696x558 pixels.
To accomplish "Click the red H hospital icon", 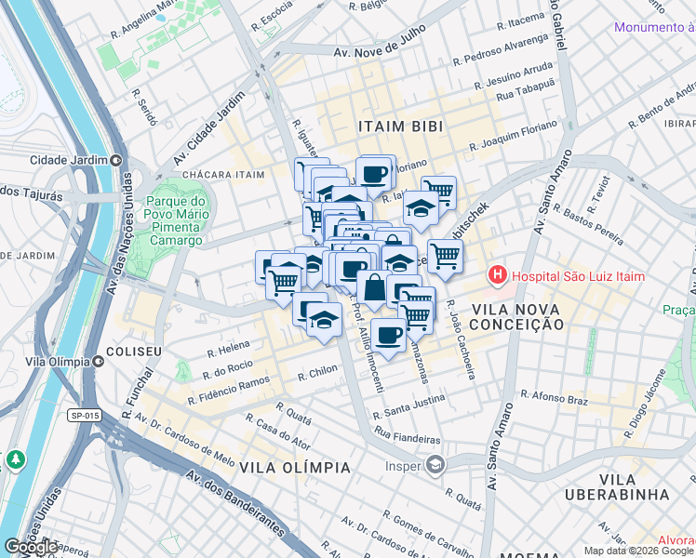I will (x=498, y=276).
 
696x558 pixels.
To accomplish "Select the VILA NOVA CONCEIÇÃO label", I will (x=516, y=316).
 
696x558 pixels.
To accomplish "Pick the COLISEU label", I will (x=134, y=352).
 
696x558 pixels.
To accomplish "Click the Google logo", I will (x=31, y=547).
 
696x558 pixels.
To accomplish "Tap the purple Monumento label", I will (x=654, y=28).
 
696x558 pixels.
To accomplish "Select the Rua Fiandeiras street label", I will (x=407, y=437).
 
